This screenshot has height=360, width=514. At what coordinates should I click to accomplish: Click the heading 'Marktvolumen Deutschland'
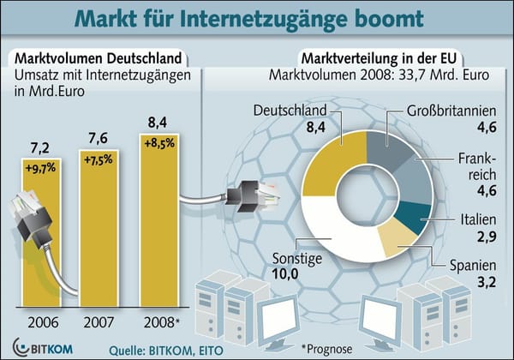pyautogui.click(x=96, y=59)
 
